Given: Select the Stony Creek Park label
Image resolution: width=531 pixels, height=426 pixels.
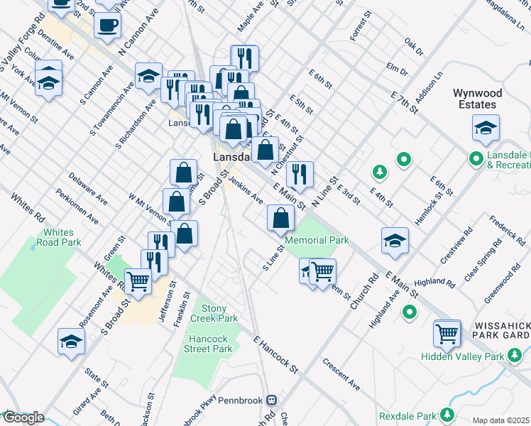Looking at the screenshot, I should pos(214,313).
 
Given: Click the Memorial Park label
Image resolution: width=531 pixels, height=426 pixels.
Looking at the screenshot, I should pos(317,240).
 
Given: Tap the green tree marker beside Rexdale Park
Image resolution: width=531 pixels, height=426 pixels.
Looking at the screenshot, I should pos(447,414).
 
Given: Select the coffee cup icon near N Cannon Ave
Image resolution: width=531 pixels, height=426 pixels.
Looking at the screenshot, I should pos(107,26).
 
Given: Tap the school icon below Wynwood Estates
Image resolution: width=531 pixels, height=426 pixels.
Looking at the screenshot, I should pos(486,129).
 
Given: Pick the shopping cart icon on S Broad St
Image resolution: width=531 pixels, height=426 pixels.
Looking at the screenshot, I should pos(138,282).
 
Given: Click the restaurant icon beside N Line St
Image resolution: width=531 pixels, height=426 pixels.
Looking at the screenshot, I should pos(300,173).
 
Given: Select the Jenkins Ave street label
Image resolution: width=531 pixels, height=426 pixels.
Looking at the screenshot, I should pos(246,190).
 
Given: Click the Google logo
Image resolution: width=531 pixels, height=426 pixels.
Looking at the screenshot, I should pos(23,417).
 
